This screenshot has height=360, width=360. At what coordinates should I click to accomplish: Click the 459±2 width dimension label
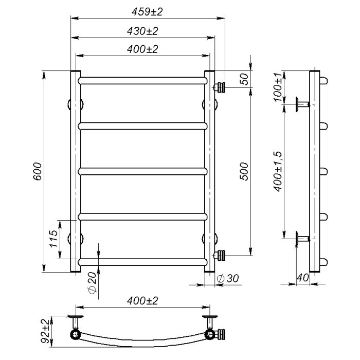point(147,12)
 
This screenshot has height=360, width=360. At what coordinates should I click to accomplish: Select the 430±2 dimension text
point(142,31)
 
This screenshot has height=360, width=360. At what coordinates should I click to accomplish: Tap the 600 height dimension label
point(38,171)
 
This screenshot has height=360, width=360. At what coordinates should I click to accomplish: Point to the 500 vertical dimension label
point(244,171)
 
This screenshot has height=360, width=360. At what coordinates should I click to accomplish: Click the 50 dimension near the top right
point(245,79)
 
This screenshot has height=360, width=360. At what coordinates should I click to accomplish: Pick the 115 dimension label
point(53,239)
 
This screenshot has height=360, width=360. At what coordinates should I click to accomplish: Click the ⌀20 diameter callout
point(92,283)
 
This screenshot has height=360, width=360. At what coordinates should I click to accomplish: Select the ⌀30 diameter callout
point(228,279)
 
